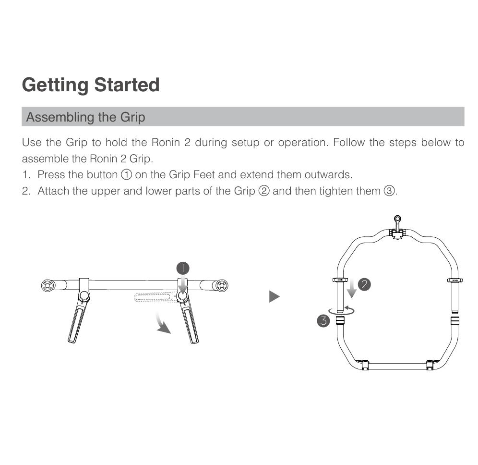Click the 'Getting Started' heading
pyautogui.click(x=91, y=85)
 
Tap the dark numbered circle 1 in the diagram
pyautogui.click(x=183, y=268)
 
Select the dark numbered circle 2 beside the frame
pyautogui.click(x=364, y=284)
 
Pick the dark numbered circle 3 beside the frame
pyautogui.click(x=323, y=321)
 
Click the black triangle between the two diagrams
pyautogui.click(x=275, y=296)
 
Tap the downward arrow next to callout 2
pyautogui.click(x=351, y=288)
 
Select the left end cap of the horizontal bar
pyautogui.click(x=47, y=286)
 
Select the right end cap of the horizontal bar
pyautogui.click(x=222, y=286)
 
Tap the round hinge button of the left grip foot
pyautogui.click(x=84, y=295)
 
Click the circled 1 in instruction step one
pyautogui.click(x=127, y=175)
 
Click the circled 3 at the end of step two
pyautogui.click(x=389, y=191)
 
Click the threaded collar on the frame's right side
pyautogui.click(x=455, y=321)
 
